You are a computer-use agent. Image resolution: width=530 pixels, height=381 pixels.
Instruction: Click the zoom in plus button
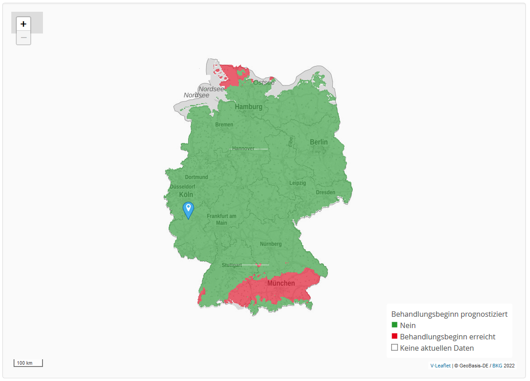point(24,24)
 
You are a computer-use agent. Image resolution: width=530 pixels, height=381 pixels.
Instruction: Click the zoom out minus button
point(24,38)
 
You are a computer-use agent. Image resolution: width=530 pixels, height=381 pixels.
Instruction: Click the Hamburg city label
point(248,107)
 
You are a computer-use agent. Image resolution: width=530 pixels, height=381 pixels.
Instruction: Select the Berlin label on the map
point(319,142)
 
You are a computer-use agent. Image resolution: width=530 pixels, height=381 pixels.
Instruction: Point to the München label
point(281,283)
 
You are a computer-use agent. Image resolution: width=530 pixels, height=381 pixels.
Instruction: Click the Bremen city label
point(224,124)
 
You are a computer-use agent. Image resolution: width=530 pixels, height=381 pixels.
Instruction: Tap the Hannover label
point(243,148)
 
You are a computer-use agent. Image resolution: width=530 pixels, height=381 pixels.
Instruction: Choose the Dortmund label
point(196,177)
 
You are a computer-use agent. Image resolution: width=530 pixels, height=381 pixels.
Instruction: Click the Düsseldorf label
point(183,186)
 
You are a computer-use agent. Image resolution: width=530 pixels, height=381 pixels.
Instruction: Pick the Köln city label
point(186,195)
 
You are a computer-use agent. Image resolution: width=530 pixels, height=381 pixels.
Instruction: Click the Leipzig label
point(298,183)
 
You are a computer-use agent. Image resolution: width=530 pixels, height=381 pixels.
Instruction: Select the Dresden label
point(326,192)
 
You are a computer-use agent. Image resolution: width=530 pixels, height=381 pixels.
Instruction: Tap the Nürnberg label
point(271,244)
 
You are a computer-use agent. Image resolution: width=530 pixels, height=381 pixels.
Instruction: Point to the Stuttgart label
point(232,265)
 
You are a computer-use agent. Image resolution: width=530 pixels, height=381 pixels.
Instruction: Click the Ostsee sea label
point(264,82)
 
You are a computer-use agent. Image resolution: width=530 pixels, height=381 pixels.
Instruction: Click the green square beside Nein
point(394,325)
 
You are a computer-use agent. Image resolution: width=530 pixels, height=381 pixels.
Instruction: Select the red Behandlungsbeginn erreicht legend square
point(394,336)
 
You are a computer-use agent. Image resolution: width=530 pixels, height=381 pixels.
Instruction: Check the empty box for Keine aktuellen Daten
point(394,348)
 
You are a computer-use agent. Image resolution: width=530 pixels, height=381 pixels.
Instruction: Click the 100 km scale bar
point(28,363)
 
